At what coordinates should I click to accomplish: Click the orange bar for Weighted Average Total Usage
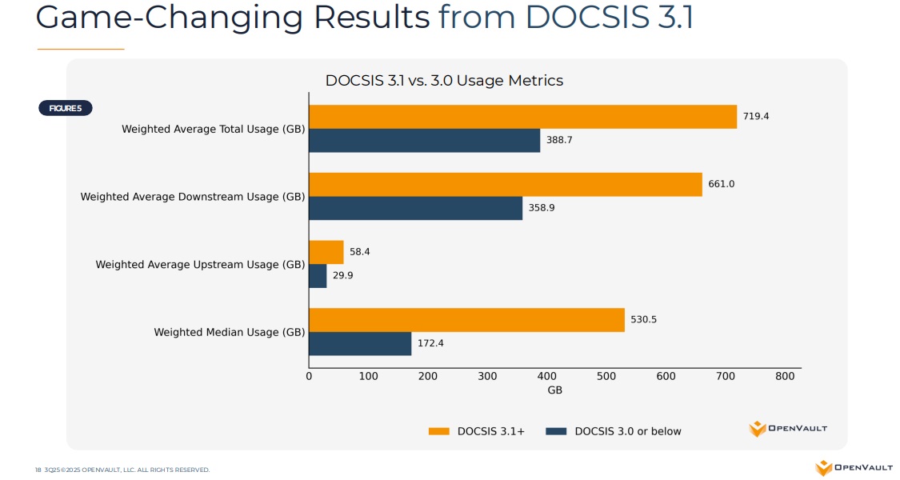pyautogui.click(x=522, y=117)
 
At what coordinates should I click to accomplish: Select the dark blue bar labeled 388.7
pyautogui.click(x=424, y=140)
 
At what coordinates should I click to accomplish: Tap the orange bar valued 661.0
pyautogui.click(x=505, y=184)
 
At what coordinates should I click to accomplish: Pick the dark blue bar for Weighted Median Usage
pyautogui.click(x=359, y=344)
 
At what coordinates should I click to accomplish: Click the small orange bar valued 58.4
pyautogui.click(x=326, y=252)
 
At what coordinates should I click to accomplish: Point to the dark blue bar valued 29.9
pyautogui.click(x=318, y=276)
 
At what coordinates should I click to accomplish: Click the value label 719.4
pyautogui.click(x=755, y=116)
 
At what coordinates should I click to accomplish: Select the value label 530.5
pyautogui.click(x=643, y=320)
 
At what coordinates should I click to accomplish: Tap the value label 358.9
pyautogui.click(x=542, y=208)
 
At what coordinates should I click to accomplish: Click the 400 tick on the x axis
pyautogui.click(x=546, y=376)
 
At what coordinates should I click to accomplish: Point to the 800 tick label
pyautogui.click(x=785, y=376)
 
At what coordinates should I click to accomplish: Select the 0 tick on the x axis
pyautogui.click(x=309, y=376)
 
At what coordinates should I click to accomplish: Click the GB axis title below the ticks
pyautogui.click(x=554, y=390)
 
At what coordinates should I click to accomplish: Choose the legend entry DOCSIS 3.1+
pyautogui.click(x=477, y=431)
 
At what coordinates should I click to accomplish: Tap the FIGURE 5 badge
pyautogui.click(x=66, y=108)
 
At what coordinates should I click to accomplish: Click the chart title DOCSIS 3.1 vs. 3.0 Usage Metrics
pyautogui.click(x=444, y=81)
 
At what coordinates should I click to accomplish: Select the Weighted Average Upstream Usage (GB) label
pyautogui.click(x=200, y=264)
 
